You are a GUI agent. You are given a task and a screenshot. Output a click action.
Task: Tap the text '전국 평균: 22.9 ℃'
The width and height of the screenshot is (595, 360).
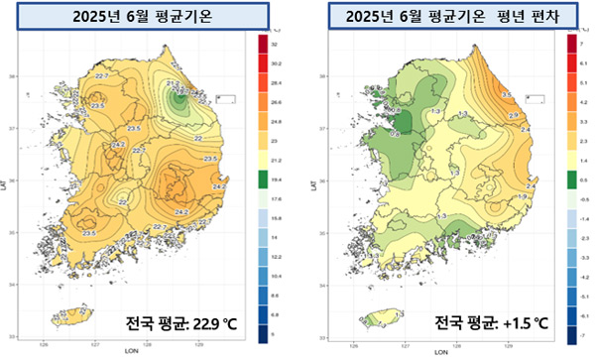186,324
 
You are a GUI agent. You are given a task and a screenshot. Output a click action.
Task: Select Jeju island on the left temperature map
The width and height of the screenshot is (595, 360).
69,316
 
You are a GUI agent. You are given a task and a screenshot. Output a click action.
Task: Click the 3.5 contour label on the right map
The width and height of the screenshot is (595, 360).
507,94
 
